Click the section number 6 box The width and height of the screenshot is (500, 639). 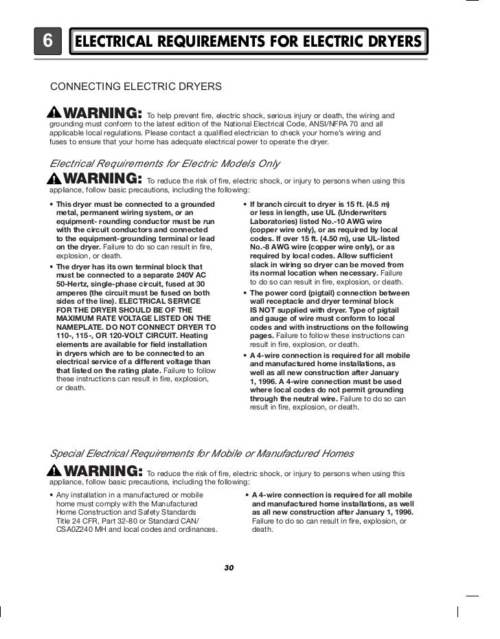[x=48, y=41]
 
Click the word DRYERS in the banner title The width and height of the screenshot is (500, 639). [x=389, y=42]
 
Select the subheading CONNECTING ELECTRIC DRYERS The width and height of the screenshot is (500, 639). [x=136, y=87]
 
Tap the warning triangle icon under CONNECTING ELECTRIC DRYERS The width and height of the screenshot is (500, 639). [x=54, y=113]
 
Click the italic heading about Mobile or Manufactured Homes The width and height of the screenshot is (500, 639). [x=203, y=454]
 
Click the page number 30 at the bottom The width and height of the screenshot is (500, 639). [x=229, y=568]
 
